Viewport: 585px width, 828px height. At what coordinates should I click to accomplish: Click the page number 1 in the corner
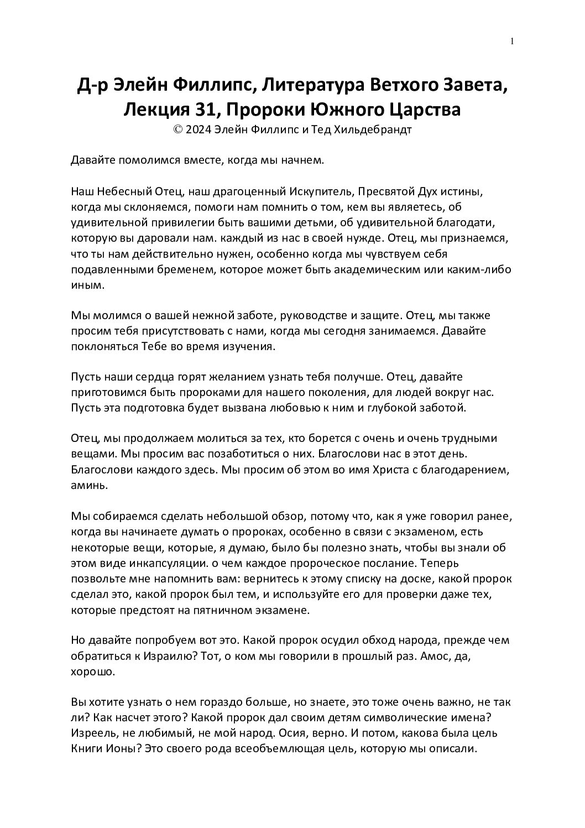(x=513, y=41)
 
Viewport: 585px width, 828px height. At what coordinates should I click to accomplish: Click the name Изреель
(x=92, y=733)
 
